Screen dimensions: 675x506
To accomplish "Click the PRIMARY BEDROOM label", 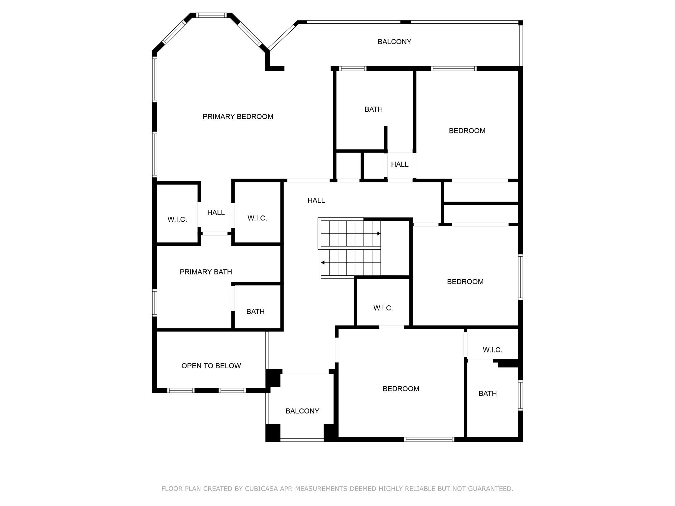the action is pyautogui.click(x=238, y=117).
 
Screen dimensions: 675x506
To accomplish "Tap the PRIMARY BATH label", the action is pyautogui.click(x=206, y=272).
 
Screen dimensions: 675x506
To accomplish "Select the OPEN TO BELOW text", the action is pyautogui.click(x=211, y=366).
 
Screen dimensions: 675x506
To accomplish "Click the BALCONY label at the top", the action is pyautogui.click(x=395, y=42).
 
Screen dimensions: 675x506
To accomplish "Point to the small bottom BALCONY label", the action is pyautogui.click(x=302, y=411).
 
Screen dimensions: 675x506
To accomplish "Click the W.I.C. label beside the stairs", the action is pyautogui.click(x=383, y=308).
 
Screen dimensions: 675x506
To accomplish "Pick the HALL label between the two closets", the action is pyautogui.click(x=216, y=213).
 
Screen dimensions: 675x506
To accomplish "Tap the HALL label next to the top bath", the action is pyautogui.click(x=400, y=164).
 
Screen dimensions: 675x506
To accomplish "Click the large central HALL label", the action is pyautogui.click(x=316, y=200).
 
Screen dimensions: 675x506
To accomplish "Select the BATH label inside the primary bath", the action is pyautogui.click(x=255, y=312).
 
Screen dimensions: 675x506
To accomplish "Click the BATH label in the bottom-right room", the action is pyautogui.click(x=488, y=394).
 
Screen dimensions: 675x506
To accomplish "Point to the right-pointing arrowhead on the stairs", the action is pyautogui.click(x=379, y=234).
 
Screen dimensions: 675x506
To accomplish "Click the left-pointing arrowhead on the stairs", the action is pyautogui.click(x=323, y=263).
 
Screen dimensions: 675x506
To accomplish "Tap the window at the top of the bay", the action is pyautogui.click(x=211, y=15).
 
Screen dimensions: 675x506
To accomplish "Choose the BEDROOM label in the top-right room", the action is pyautogui.click(x=467, y=131).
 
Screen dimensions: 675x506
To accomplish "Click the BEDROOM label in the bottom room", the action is pyautogui.click(x=401, y=389).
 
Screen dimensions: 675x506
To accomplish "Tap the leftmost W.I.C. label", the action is pyautogui.click(x=177, y=220).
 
